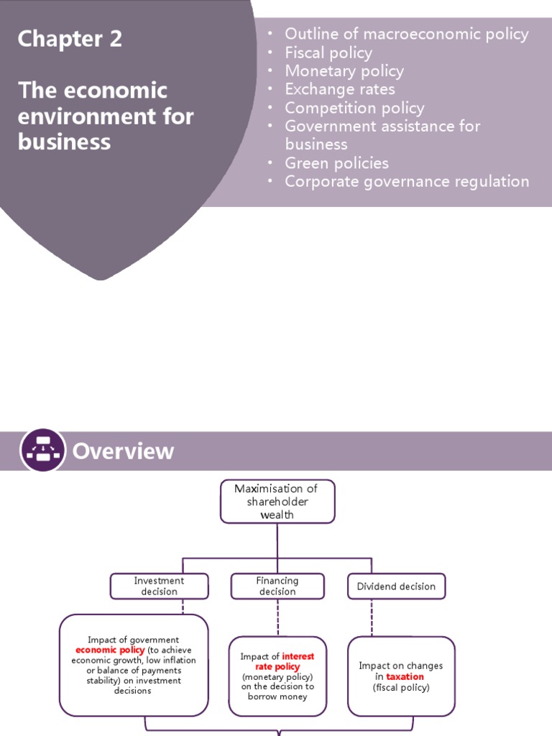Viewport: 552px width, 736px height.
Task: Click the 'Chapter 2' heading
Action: tap(70, 40)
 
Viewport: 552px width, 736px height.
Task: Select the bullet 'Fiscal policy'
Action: tap(328, 52)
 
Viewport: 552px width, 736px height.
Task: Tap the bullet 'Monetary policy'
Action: tap(344, 71)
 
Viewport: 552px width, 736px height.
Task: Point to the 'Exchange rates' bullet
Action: tap(340, 89)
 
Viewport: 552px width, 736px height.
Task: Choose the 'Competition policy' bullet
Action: tap(354, 108)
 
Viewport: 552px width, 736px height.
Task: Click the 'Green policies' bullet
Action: tap(336, 163)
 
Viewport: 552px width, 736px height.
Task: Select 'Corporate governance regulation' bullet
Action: tap(407, 182)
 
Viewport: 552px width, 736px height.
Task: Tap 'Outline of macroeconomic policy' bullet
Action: tap(406, 34)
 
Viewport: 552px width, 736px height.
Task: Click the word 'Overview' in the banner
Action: tap(123, 451)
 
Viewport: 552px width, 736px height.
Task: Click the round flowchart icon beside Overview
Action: tap(42, 451)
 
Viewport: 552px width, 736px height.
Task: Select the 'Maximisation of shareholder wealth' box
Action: tap(277, 501)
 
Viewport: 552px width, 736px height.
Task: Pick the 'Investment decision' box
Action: tap(159, 586)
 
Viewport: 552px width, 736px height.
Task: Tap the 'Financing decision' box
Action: tap(277, 586)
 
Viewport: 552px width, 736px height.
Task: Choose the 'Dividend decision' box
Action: tap(396, 586)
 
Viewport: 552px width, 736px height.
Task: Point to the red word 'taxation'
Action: tap(405, 676)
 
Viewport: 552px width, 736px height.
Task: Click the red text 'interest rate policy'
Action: tap(283, 661)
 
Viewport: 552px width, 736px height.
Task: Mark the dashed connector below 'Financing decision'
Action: tap(277, 617)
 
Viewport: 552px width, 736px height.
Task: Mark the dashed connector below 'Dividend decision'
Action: tap(371, 617)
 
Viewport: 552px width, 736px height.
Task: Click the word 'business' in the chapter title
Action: tap(64, 142)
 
